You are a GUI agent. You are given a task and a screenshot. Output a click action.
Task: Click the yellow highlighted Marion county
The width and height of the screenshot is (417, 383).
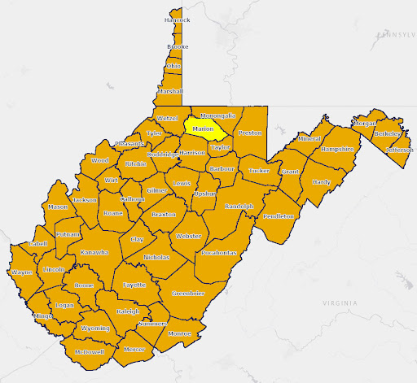(204, 128)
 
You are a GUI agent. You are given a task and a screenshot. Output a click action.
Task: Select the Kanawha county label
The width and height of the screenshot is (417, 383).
(94, 252)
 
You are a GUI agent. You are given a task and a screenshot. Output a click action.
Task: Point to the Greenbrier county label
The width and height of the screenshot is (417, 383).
(187, 293)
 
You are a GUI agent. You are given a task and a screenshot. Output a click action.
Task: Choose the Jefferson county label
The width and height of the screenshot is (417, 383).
(399, 150)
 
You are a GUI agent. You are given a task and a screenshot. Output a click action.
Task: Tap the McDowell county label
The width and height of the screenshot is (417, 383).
(89, 352)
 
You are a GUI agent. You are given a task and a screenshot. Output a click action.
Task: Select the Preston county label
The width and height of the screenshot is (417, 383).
(250, 132)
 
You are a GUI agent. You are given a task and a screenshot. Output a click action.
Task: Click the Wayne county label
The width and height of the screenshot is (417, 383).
(21, 273)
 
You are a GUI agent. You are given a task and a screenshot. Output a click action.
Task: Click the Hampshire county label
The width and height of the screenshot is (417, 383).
(336, 150)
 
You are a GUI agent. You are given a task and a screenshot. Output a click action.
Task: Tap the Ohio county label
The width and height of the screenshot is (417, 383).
(173, 66)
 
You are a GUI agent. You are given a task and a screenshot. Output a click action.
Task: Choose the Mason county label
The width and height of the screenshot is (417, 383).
(58, 207)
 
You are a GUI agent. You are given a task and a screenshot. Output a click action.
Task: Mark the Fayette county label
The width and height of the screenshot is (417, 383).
(134, 285)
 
